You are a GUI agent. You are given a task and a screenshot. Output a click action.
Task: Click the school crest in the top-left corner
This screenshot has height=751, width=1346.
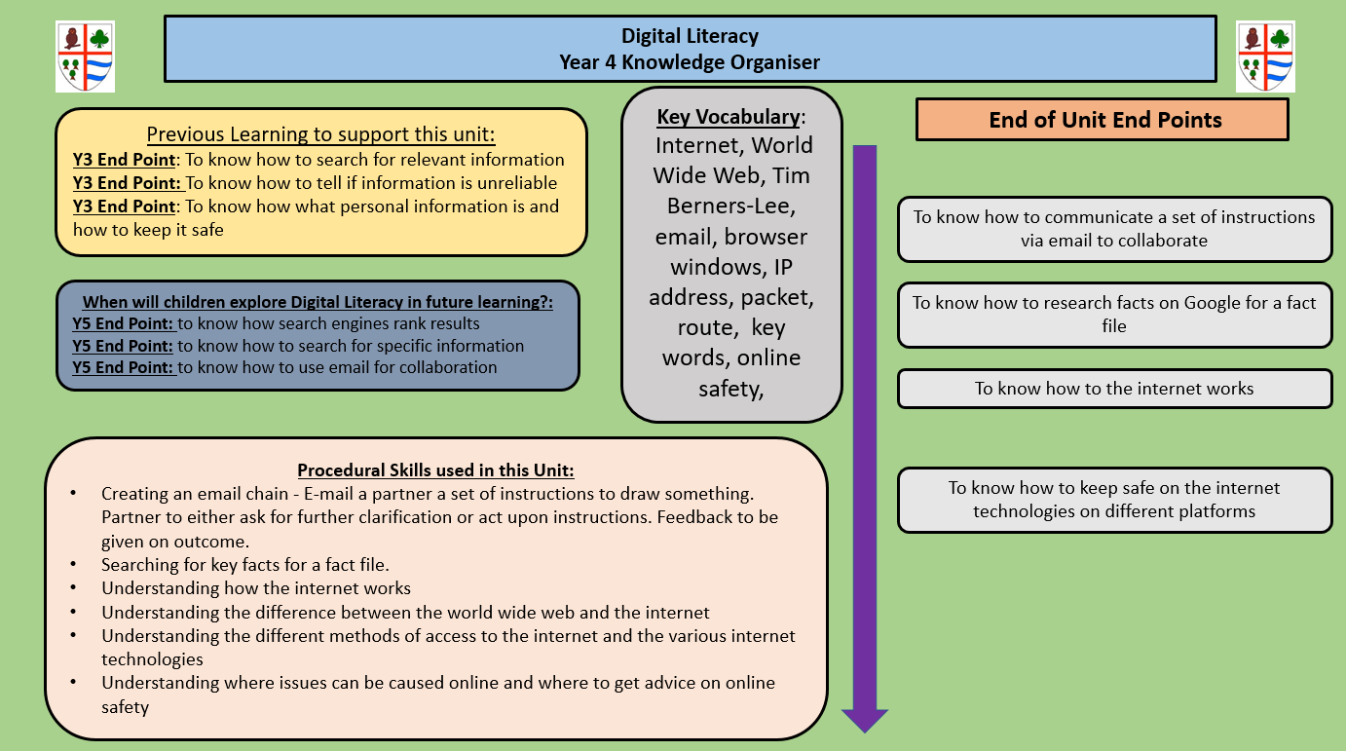click(85, 56)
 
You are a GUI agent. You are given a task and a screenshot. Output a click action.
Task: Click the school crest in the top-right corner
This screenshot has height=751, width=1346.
click(1265, 56)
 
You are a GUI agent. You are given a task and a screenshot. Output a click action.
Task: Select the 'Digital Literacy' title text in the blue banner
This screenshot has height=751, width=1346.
click(690, 37)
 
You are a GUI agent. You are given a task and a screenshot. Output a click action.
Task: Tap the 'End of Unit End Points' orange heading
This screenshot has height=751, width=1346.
click(1104, 120)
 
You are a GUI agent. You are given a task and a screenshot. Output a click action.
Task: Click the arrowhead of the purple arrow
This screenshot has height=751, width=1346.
click(865, 720)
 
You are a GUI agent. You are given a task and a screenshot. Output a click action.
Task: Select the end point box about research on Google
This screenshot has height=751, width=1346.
click(1114, 315)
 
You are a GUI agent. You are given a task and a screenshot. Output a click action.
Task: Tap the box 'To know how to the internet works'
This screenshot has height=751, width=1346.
click(1114, 389)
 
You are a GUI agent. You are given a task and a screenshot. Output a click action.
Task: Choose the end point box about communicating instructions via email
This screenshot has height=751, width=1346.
click(1114, 229)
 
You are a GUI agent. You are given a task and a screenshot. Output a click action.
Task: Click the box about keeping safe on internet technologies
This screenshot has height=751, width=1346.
click(1114, 500)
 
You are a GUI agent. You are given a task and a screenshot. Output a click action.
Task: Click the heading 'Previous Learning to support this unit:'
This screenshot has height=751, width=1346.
click(320, 134)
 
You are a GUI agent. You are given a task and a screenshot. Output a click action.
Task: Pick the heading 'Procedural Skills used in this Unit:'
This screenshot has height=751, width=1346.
click(435, 470)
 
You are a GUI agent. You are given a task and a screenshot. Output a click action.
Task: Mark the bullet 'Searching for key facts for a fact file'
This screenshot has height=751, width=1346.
click(245, 565)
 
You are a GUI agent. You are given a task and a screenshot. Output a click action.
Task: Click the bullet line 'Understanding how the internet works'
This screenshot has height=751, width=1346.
click(256, 588)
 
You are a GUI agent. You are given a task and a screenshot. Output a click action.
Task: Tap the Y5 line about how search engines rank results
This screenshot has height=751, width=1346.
click(277, 323)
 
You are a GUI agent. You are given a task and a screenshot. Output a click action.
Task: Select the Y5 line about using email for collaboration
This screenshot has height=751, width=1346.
click(284, 368)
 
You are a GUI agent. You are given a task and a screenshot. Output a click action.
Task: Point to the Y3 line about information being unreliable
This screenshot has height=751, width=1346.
click(315, 183)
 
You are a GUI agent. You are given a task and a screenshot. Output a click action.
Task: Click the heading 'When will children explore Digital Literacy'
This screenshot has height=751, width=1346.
click(318, 302)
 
